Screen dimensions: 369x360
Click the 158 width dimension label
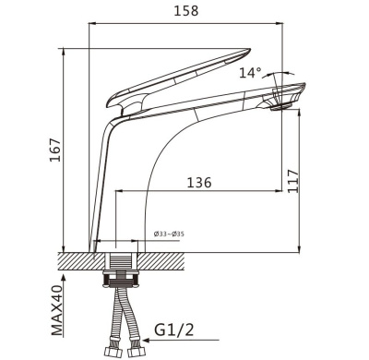click(186, 11)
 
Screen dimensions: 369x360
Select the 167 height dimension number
click(55, 150)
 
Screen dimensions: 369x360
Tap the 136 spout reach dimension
click(199, 183)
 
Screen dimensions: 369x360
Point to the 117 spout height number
click(293, 181)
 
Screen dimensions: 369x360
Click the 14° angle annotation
click(250, 73)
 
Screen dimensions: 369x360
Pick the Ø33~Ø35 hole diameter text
click(169, 234)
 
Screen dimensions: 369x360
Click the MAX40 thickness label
click(57, 310)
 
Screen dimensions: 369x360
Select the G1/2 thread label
click(174, 330)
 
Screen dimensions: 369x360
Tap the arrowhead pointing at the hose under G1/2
click(147, 341)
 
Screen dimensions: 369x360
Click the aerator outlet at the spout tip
click(280, 107)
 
